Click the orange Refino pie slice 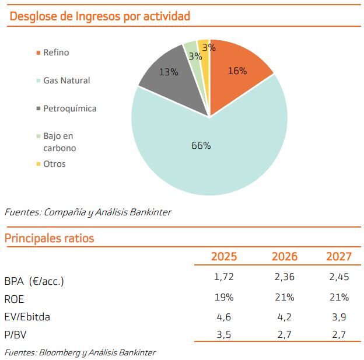point(239,79)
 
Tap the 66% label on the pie point(201,145)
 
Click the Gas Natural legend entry point(66,81)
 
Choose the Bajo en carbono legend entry point(59,142)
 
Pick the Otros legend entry point(54,164)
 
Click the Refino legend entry point(56,53)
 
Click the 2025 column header point(224,257)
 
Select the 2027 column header point(339,257)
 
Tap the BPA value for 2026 point(285,277)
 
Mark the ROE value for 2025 point(224,297)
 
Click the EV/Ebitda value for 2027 point(339,317)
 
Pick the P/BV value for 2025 point(224,335)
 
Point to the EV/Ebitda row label point(27,317)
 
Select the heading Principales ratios point(49,238)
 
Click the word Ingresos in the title point(98,16)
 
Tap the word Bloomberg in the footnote point(68,352)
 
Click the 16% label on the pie point(237,71)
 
